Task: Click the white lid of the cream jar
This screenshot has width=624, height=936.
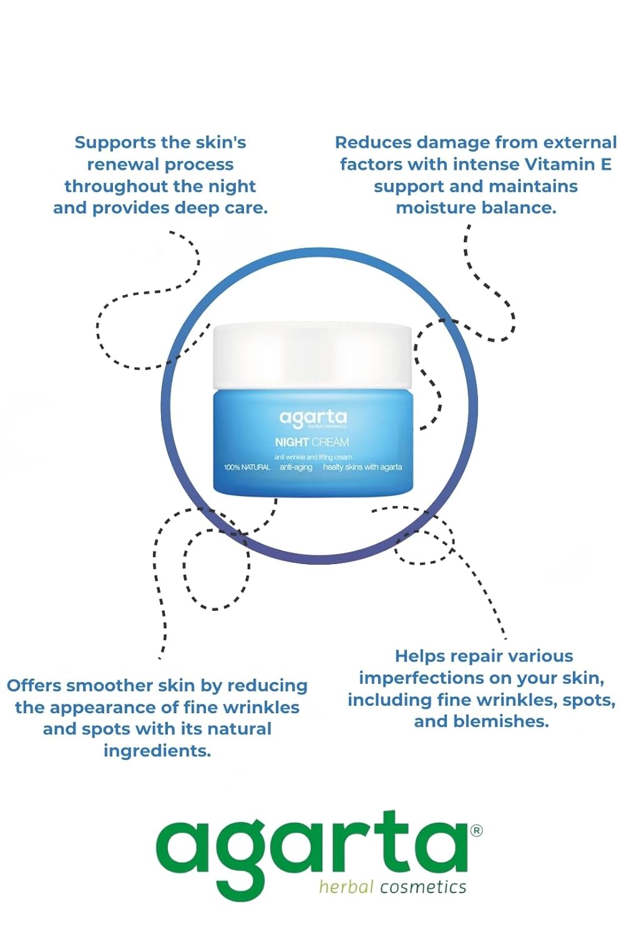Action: click(x=313, y=356)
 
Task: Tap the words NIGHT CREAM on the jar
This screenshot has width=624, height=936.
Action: click(x=312, y=442)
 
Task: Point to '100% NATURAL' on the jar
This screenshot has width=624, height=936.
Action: click(x=247, y=467)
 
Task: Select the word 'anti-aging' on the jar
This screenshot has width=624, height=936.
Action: click(x=296, y=467)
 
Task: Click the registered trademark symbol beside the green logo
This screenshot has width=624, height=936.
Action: click(x=477, y=831)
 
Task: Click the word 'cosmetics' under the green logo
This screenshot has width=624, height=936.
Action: click(x=423, y=887)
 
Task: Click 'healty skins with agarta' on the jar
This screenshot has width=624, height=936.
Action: click(x=363, y=467)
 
